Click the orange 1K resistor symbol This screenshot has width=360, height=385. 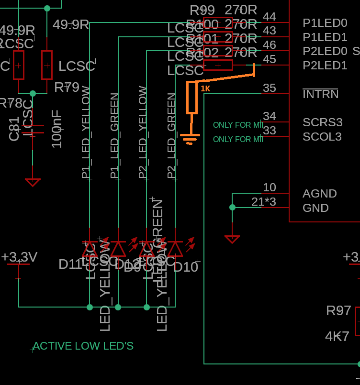tap(192, 98)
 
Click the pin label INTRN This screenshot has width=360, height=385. tap(320, 94)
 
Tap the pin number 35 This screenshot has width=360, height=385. tap(270, 88)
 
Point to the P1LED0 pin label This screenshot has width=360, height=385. tap(325, 23)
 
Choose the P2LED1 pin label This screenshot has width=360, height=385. tap(325, 66)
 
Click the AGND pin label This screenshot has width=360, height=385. tap(319, 194)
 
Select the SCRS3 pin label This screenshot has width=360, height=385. tap(322, 122)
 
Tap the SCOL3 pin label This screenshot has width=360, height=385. tap(322, 137)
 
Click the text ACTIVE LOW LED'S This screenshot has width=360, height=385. tap(83, 346)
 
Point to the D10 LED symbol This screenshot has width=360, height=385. tap(175, 249)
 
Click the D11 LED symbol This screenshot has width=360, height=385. tap(90, 249)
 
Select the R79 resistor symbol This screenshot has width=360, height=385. tap(47, 65)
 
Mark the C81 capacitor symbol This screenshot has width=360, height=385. tap(33, 129)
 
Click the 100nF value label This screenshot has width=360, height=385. tap(56, 129)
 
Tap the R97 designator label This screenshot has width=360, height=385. tap(338, 311)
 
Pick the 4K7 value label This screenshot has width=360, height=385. tap(337, 337)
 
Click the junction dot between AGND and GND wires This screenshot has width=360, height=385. tap(232, 208)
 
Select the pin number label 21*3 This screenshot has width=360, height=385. tap(264, 202)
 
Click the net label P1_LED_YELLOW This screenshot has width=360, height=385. tap(86, 132)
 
